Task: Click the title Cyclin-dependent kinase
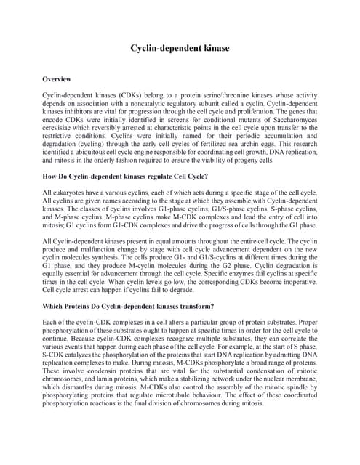[180, 48]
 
